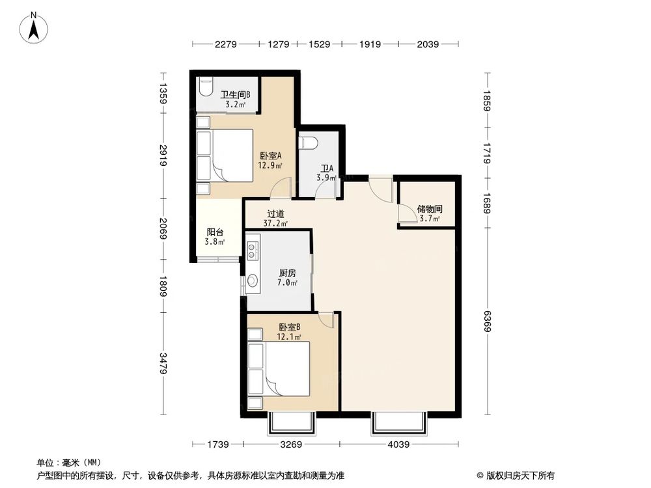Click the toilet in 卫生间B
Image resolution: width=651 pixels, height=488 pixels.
[x=206, y=87]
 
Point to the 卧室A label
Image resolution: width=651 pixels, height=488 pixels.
[x=270, y=160]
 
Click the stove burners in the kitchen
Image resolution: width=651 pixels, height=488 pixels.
[x=253, y=250]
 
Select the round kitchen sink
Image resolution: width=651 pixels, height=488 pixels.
[x=253, y=281]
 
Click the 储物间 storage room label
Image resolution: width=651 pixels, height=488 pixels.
[x=430, y=214]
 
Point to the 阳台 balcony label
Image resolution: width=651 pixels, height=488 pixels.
[x=216, y=236]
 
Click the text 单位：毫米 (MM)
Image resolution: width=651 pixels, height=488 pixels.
[x=68, y=463]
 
